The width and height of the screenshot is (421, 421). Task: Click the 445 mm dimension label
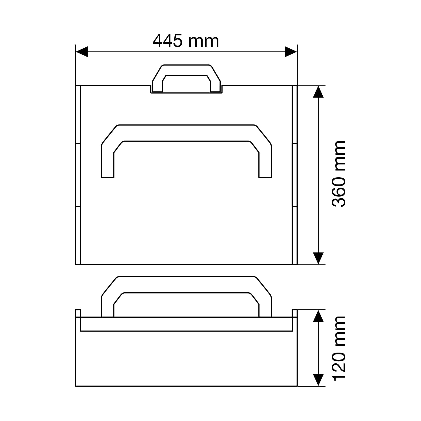pos(186,41)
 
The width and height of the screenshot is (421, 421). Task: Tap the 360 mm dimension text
pos(339,174)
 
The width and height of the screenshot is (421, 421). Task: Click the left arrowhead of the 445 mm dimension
pos(82,52)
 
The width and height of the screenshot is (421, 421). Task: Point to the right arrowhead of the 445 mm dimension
pos(291,52)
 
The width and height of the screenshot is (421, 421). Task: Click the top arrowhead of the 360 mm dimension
pos(318,92)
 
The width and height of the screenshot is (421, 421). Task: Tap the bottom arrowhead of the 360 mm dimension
pos(318,258)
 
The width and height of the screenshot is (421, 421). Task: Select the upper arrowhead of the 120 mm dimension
pos(318,316)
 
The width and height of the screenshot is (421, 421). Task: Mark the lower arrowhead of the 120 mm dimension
pos(318,380)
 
